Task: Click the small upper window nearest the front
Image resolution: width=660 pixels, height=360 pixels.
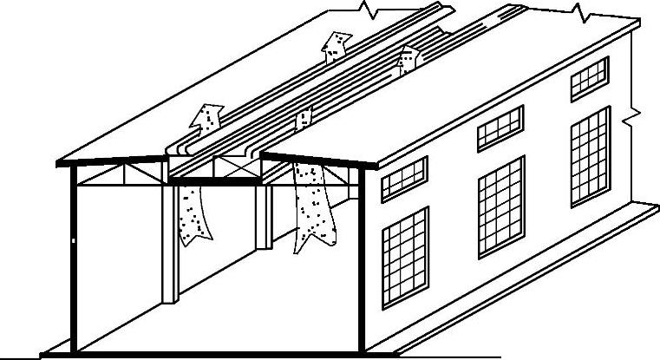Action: click(404, 180)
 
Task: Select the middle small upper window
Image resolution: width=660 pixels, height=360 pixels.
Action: click(500, 128)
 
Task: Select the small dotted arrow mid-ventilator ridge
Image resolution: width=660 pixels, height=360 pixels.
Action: click(303, 118)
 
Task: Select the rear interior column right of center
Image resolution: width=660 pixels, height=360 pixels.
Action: click(261, 217)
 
